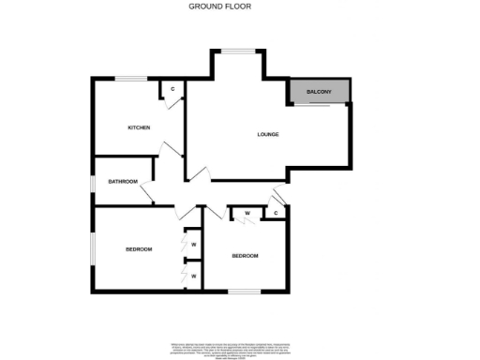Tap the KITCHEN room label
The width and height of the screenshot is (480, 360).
tap(140, 127)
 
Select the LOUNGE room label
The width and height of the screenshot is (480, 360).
tap(268, 135)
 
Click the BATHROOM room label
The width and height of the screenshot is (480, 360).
tap(123, 181)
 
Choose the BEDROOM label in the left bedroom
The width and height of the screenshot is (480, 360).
tap(140, 248)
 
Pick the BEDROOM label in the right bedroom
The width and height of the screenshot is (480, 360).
tap(245, 256)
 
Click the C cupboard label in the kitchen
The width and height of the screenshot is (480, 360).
tap(172, 90)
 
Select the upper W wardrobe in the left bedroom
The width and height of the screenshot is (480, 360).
tap(193, 245)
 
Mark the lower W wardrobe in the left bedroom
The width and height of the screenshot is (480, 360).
tap(193, 277)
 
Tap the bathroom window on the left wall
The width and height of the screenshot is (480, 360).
tap(93, 179)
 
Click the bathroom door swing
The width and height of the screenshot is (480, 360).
tap(147, 195)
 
